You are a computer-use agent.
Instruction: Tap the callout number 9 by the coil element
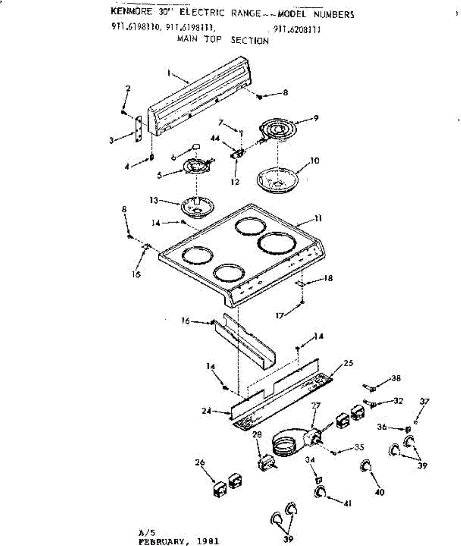coord(315,118)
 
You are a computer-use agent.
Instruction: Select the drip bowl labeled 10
coord(277,178)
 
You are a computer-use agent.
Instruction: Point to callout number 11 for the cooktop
coord(318,218)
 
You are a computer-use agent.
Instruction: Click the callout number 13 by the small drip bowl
coord(153,200)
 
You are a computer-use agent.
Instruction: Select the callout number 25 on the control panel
coord(348,363)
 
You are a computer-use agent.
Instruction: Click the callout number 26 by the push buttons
coord(200,463)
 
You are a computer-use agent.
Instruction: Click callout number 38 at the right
coord(396,378)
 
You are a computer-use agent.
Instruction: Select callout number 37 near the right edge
coord(424,402)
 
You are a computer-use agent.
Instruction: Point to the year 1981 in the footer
coord(208,542)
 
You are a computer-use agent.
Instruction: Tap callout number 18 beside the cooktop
coord(328,278)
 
